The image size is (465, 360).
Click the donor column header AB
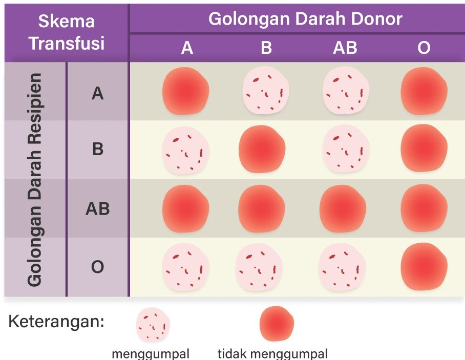coord(345,48)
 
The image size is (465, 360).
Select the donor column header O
coord(424,48)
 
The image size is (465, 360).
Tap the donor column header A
coord(187,48)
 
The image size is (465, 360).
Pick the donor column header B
coord(266,48)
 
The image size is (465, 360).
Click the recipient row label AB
coord(97,209)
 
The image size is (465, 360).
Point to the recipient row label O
coord(97,267)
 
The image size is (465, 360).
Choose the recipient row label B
coord(97,150)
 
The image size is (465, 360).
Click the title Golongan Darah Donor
coord(305,19)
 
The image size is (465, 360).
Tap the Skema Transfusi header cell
coord(67,32)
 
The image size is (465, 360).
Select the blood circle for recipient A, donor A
coord(186,92)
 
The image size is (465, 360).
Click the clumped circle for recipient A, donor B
coord(264,92)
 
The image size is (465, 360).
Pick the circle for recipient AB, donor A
coord(186,209)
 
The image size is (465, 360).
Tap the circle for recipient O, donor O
coord(424,267)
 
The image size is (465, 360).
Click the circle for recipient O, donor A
coord(185,267)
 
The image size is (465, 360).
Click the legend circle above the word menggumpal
coord(153,325)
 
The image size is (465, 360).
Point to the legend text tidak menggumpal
coord(272,353)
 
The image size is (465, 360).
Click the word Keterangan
coord(56,323)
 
